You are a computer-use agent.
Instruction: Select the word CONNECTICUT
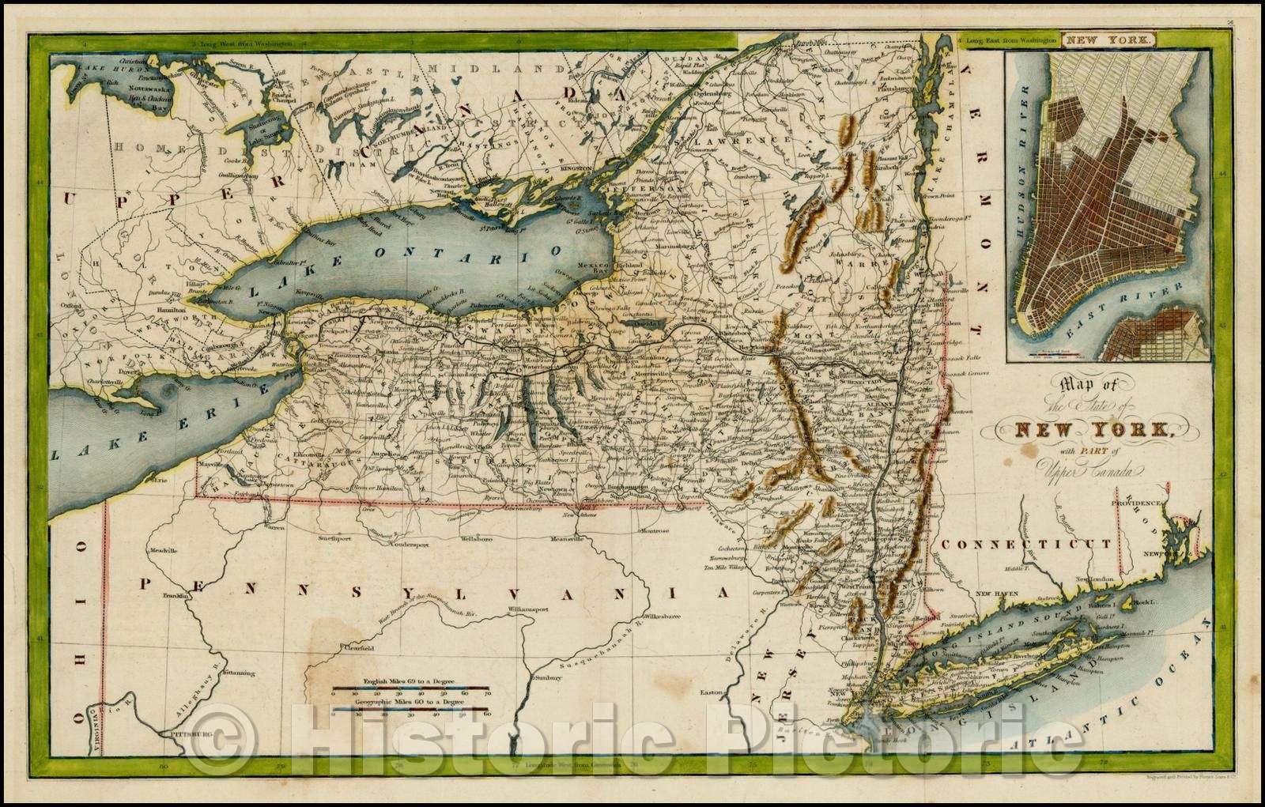tap(1026, 544)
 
